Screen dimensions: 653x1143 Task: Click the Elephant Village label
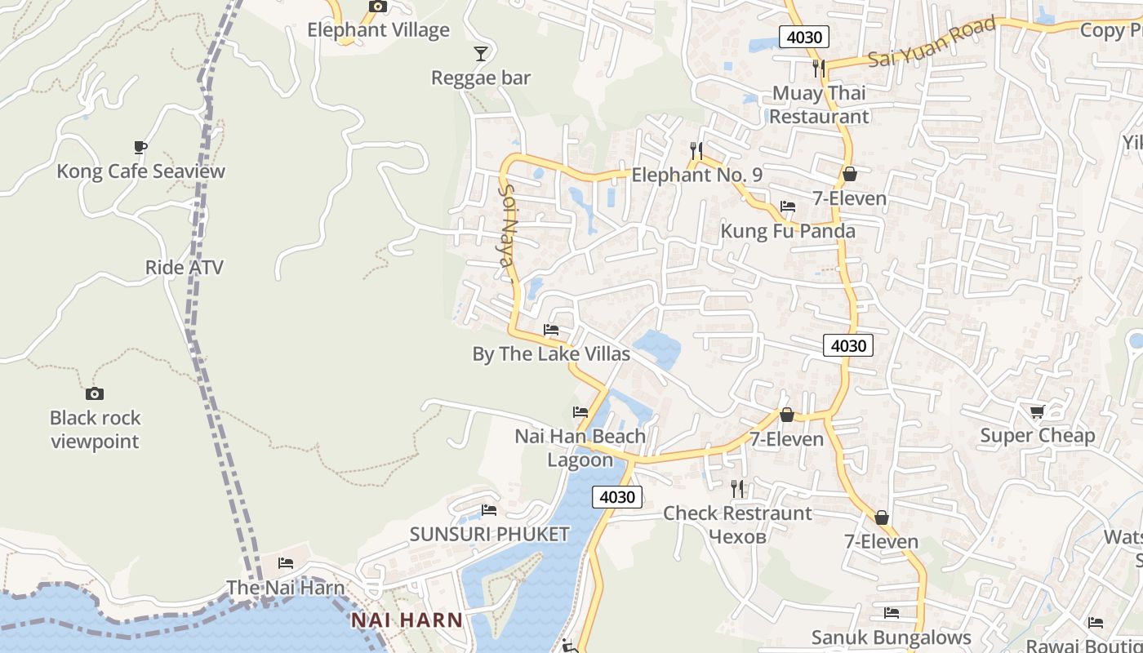point(378,30)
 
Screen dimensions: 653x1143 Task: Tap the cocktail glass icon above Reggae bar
point(481,54)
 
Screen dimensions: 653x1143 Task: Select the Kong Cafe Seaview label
point(140,171)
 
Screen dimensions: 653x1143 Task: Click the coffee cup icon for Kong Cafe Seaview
point(140,147)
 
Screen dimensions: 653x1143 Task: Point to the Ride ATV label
point(184,268)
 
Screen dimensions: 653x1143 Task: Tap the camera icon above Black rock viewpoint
point(95,393)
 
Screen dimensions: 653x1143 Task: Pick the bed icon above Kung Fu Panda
point(788,207)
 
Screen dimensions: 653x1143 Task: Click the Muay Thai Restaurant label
point(819,104)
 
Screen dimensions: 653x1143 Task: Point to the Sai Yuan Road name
point(932,42)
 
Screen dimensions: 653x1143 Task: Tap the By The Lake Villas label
point(551,354)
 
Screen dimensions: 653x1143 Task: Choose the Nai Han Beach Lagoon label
point(580,448)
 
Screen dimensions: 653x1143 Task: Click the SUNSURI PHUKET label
point(489,535)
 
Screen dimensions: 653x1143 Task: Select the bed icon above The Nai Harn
point(285,562)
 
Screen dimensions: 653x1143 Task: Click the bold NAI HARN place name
point(407,620)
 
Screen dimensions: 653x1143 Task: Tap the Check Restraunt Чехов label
point(737,524)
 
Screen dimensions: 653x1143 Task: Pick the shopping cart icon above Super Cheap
point(1037,411)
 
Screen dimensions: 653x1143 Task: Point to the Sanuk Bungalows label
point(891,637)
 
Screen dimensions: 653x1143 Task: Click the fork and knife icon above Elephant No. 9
point(696,150)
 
